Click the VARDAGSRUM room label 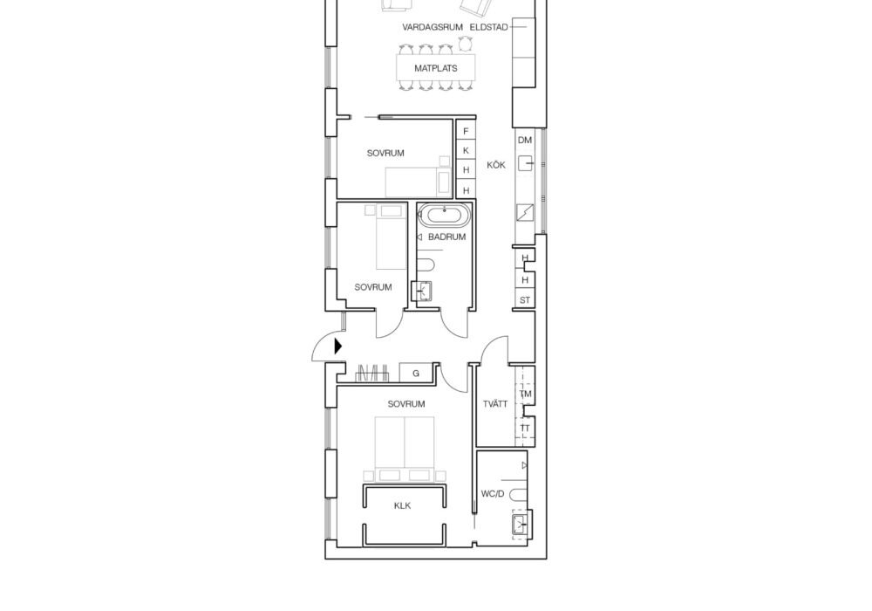tap(433, 27)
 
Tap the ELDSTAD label tap(489, 27)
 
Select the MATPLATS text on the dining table tap(436, 68)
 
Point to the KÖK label tap(496, 165)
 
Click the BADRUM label tap(447, 237)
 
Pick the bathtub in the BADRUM tap(445, 216)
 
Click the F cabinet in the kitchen tap(466, 131)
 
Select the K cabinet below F tap(466, 150)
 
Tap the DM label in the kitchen tap(525, 141)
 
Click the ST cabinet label tap(525, 300)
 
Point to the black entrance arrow tap(338, 347)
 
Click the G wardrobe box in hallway tap(416, 374)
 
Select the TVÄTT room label tap(495, 404)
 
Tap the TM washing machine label tap(526, 394)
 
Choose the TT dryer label tap(525, 429)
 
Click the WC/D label tap(493, 493)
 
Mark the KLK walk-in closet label tap(402, 506)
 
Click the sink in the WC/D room tap(520, 525)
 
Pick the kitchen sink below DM tap(526, 163)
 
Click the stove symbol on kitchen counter tap(525, 213)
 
